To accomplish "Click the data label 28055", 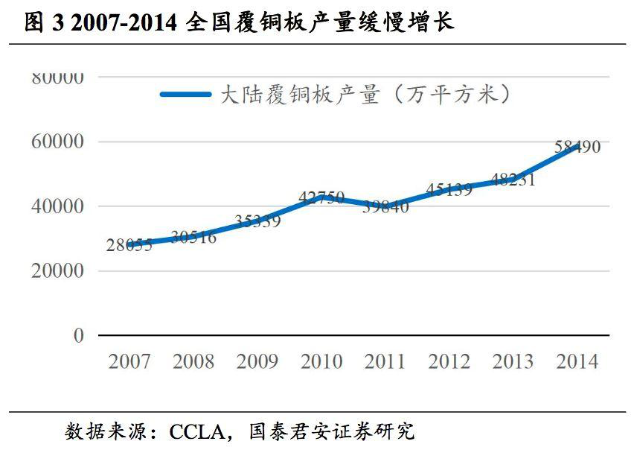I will click(x=129, y=245).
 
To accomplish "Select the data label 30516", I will click(x=193, y=238).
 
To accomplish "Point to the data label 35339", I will click(x=257, y=221).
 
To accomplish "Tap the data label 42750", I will click(x=321, y=197).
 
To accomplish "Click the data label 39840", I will click(x=385, y=207).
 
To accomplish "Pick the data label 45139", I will click(x=449, y=189).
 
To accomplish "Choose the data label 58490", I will click(x=577, y=147).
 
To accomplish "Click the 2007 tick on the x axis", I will click(x=129, y=362).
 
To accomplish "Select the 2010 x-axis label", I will click(x=321, y=362).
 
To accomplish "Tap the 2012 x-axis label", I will click(x=449, y=362).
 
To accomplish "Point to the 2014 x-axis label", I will click(x=577, y=362).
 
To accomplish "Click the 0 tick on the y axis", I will click(x=79, y=336).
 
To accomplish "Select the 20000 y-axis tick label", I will click(x=57, y=271).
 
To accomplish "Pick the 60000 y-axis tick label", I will click(x=57, y=142).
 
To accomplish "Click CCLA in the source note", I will click(x=196, y=431).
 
